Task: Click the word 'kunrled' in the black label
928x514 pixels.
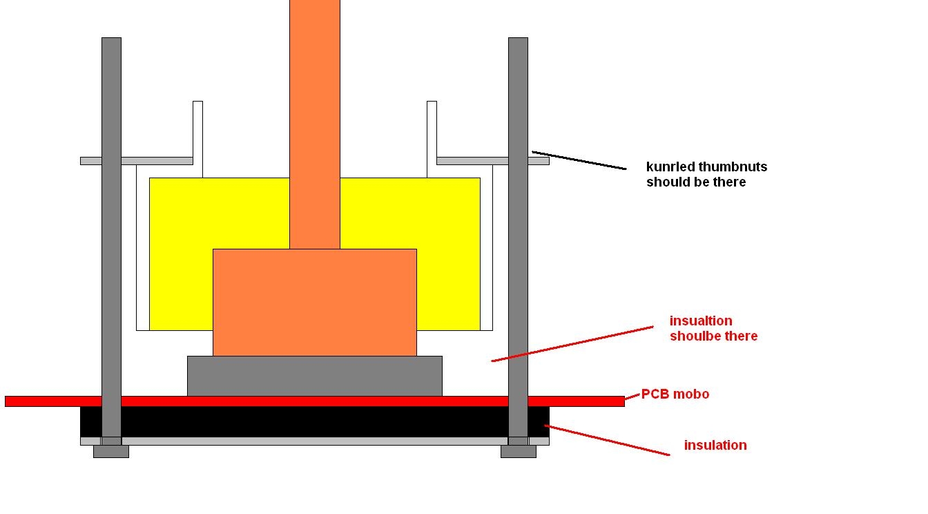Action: click(x=670, y=166)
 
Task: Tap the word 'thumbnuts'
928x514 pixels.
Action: click(x=733, y=166)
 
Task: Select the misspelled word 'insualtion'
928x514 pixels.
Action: click(x=701, y=321)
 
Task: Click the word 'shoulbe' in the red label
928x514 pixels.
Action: click(x=694, y=336)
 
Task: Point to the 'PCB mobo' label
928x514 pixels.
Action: click(x=675, y=394)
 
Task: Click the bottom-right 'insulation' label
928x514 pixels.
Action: click(x=715, y=445)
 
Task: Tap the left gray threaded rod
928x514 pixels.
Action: click(x=111, y=241)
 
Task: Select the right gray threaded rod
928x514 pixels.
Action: click(x=519, y=241)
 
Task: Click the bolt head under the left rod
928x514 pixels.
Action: click(x=111, y=451)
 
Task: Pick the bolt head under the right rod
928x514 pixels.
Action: click(x=519, y=451)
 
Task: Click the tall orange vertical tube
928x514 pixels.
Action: click(x=315, y=124)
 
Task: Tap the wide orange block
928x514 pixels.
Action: click(x=315, y=303)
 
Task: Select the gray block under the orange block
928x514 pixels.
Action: click(x=315, y=376)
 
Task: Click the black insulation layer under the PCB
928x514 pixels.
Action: click(x=315, y=422)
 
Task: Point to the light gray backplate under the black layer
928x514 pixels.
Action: click(x=315, y=441)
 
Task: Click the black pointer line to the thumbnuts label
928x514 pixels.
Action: click(x=579, y=160)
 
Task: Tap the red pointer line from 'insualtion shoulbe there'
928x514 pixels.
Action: click(x=572, y=344)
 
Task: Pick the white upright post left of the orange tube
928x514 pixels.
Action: click(x=197, y=140)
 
